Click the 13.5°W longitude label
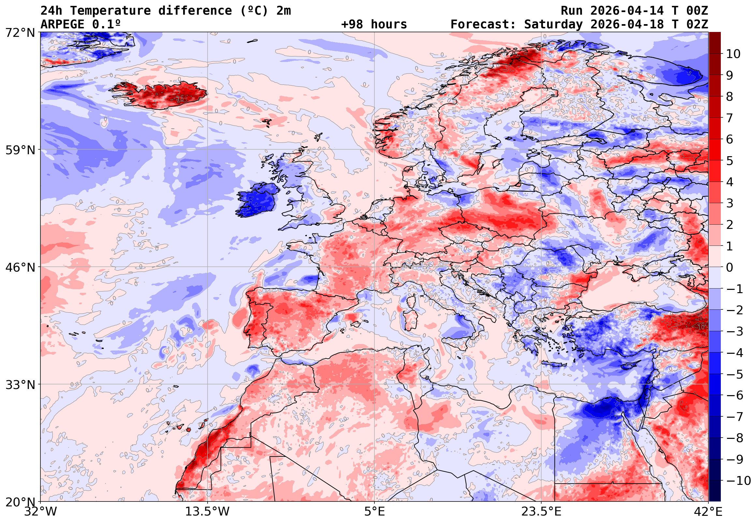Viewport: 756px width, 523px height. coord(207,512)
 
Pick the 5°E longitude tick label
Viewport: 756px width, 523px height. coord(374,512)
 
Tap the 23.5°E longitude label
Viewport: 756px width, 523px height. coord(541,512)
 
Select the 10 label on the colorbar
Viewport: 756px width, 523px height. coord(733,54)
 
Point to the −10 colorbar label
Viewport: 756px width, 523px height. coord(738,481)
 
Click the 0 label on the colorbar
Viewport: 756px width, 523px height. coord(730,267)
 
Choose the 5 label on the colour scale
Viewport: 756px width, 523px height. coord(730,161)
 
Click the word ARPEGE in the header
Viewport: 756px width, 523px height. coord(62,24)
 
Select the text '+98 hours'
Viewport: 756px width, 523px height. coord(374,24)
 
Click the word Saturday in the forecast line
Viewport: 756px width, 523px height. coord(553,24)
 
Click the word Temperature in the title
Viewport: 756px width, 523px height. coord(110,11)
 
